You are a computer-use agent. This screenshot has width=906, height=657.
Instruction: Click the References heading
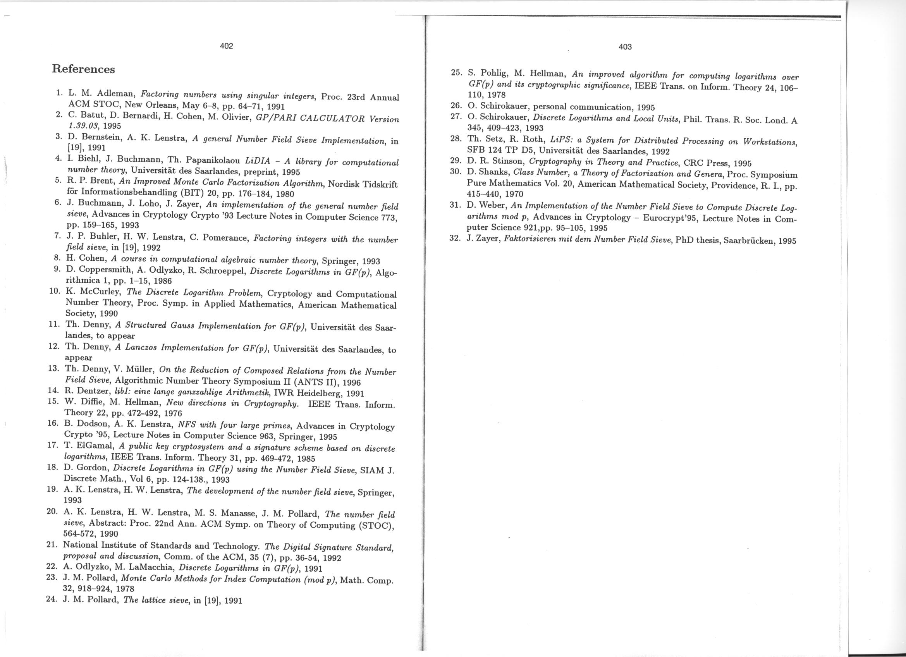[83, 69]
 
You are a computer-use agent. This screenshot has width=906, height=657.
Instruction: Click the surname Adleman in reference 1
[116, 94]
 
